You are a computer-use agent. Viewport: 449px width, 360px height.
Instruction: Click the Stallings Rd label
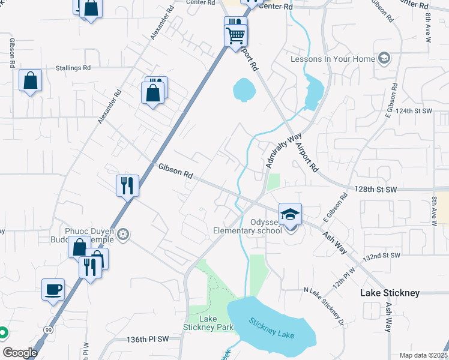[73, 68]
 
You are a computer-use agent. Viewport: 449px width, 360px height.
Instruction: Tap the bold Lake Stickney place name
[389, 293]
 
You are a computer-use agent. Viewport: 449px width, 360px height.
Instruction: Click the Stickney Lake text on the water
[273, 331]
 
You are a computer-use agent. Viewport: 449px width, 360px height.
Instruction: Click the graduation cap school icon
[290, 214]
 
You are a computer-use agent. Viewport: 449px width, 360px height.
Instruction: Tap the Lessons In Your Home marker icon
[384, 59]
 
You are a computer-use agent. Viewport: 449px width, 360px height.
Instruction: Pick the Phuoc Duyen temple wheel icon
[123, 233]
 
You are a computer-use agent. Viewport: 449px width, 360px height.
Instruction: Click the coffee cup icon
[53, 289]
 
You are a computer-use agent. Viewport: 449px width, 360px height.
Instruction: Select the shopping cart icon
[235, 34]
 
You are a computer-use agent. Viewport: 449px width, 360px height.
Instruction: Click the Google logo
[20, 353]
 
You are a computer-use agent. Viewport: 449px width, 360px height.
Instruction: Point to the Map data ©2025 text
[423, 355]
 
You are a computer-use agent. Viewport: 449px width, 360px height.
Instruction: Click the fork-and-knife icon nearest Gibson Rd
[127, 185]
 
